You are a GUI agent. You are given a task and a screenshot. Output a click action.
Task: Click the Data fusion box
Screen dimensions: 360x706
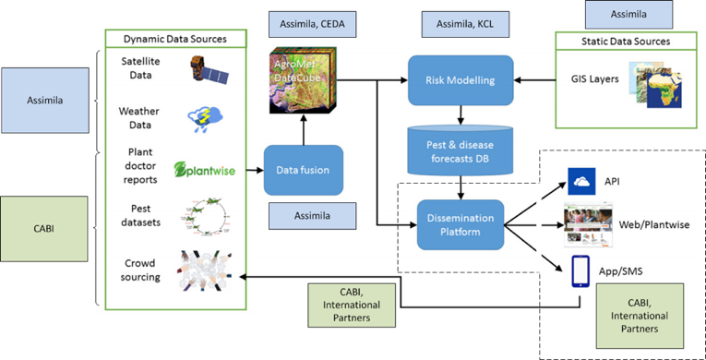coord(304,170)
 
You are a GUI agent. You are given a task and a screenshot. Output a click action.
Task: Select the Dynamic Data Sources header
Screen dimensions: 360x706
coord(175,39)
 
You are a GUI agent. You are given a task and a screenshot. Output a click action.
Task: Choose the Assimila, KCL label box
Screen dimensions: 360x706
coord(466,21)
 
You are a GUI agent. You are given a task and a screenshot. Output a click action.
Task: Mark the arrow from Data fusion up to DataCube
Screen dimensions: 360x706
coord(304,129)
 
